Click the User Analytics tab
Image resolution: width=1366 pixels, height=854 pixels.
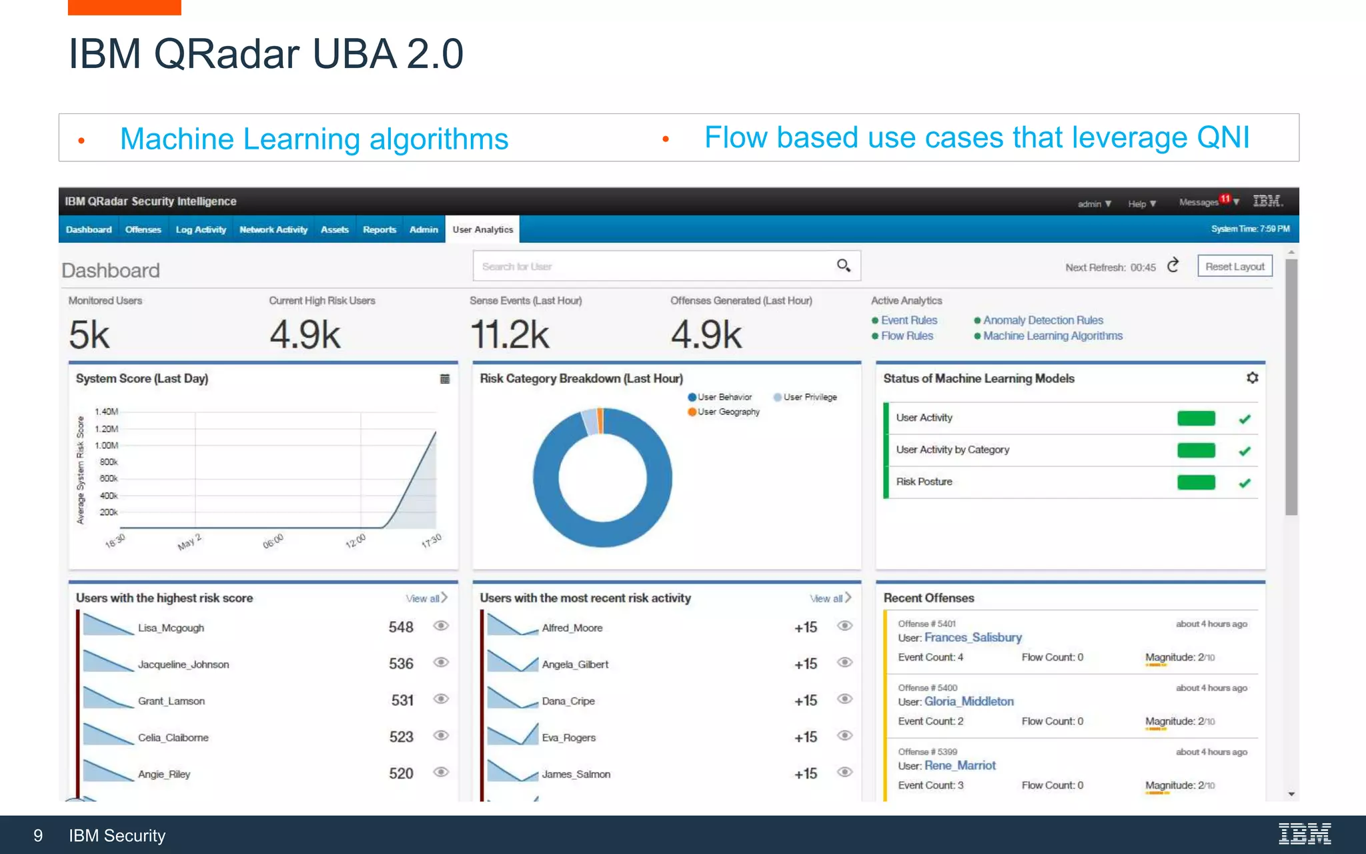(482, 230)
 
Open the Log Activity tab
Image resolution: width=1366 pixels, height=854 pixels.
(201, 230)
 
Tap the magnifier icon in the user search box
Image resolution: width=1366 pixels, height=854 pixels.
(843, 266)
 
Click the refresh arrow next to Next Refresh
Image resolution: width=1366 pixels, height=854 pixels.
(1173, 266)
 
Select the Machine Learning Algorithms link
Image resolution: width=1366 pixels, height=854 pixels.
(1053, 336)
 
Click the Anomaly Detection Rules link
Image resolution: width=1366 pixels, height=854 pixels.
(1043, 320)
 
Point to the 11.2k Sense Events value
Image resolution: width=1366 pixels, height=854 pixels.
(510, 334)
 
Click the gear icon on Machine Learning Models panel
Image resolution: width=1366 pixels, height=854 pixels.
(1252, 378)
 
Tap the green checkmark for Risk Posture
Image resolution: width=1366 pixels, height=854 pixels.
(1245, 482)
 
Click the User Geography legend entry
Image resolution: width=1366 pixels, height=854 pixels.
(728, 412)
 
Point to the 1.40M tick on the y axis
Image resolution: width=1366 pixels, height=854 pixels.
(107, 412)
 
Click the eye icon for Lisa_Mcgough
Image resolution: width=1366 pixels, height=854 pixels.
(441, 626)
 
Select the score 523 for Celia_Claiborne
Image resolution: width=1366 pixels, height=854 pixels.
(401, 737)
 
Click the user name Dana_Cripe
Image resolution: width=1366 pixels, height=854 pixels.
(568, 701)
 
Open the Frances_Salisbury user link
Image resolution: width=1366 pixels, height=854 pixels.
(972, 638)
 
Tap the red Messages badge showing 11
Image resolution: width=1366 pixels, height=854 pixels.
(1225, 198)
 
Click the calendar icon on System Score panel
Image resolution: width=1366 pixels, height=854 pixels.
(445, 379)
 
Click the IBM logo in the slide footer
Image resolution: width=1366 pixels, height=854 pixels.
(1304, 834)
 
